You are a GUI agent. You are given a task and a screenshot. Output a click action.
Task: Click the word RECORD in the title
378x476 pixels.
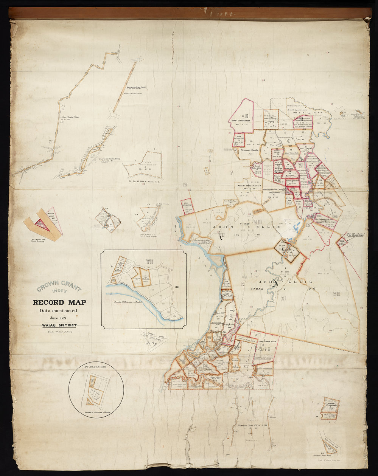(x=48, y=302)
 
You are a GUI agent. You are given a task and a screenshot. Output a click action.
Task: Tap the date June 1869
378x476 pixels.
(x=58, y=318)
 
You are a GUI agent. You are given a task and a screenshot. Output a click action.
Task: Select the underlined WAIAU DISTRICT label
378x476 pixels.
(x=59, y=326)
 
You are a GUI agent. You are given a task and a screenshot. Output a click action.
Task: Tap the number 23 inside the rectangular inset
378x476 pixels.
(x=177, y=288)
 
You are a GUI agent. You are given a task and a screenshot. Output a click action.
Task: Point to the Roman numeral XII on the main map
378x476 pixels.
(x=337, y=294)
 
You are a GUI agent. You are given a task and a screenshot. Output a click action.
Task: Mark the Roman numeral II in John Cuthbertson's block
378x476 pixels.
(x=246, y=116)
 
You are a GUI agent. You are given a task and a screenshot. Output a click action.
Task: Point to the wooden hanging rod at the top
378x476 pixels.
(x=189, y=13)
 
